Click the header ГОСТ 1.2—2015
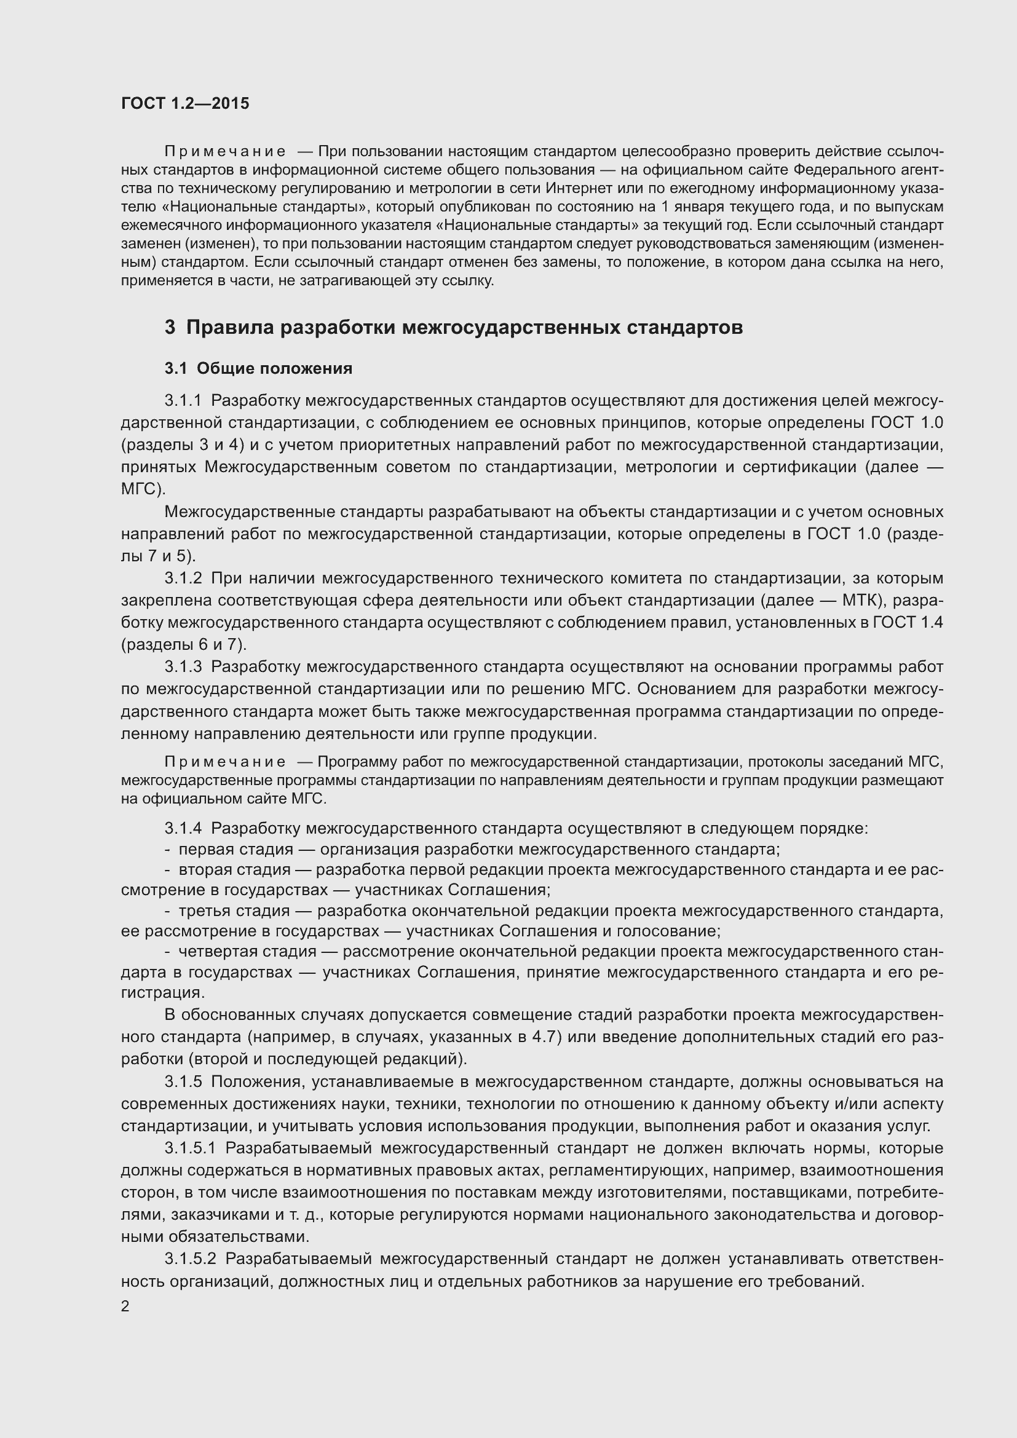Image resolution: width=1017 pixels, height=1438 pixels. [x=184, y=103]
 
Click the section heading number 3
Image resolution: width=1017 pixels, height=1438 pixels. [x=170, y=328]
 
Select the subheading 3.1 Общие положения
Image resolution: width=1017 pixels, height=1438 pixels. [x=258, y=368]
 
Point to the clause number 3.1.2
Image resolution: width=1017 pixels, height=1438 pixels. [x=183, y=578]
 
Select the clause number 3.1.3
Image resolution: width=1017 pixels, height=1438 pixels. [x=183, y=667]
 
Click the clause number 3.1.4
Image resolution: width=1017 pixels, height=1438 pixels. [x=183, y=829]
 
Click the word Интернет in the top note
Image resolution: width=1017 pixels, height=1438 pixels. [x=575, y=188]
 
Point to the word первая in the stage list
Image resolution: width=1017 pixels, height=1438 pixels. [x=204, y=850]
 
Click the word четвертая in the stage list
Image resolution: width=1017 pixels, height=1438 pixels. [x=213, y=951]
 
